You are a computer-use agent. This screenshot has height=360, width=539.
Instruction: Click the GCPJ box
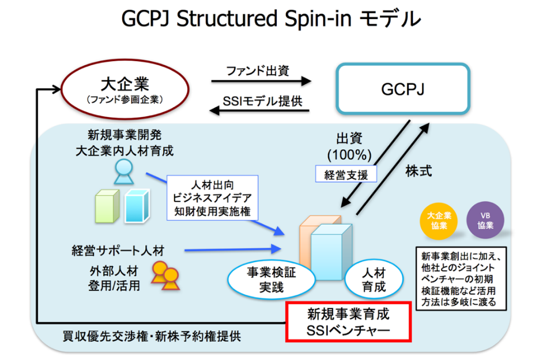(403, 89)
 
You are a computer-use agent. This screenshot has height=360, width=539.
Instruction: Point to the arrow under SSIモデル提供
(262, 112)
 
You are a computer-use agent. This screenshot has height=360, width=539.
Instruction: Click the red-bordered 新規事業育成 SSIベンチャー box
(348, 321)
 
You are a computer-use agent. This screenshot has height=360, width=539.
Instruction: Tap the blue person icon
(123, 172)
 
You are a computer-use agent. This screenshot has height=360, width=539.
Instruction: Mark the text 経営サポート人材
(118, 251)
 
